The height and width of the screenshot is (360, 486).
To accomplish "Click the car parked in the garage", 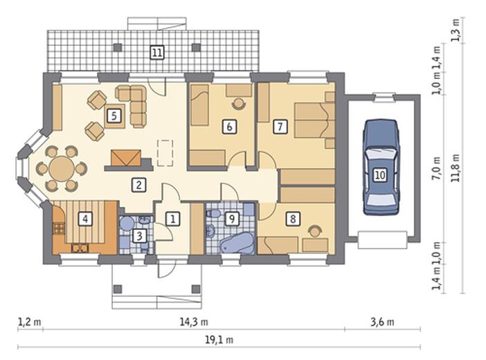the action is coord(381,168).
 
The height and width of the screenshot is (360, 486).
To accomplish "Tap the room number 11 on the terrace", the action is coord(157,53).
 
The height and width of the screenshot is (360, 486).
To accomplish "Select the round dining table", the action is coord(62,169).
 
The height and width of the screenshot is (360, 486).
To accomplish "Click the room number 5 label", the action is coord(114,116).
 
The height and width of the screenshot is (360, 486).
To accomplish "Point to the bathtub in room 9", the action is coord(237,243).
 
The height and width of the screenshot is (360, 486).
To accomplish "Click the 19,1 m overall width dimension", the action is coord(219,340).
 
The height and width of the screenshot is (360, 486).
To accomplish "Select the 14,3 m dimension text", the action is coord(194,322).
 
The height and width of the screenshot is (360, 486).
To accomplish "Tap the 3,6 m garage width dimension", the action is coord(382,322).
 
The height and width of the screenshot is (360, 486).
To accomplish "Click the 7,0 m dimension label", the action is coord(436,168).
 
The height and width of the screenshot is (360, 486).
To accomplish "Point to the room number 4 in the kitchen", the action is coord(85,219).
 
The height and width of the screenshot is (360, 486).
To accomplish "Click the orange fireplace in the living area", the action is coord(126,158).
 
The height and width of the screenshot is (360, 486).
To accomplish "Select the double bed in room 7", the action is coord(314,120).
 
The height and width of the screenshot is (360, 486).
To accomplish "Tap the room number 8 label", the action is coord(293,219).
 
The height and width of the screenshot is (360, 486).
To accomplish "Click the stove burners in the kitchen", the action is coord(59,228).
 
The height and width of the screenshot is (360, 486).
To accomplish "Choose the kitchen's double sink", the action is coord(80,248).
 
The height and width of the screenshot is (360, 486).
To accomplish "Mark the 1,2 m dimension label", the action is coord(30,322).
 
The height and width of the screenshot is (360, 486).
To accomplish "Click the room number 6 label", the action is coord(229,127).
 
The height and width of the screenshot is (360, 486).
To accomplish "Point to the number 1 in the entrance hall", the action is coord(172,219).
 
